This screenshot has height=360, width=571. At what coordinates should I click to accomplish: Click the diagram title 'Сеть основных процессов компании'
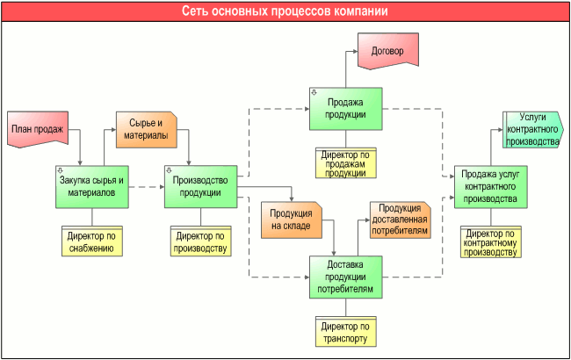point(285,11)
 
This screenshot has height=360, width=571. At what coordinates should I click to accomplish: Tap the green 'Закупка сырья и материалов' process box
point(92,186)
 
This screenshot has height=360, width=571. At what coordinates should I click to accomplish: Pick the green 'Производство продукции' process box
point(199,186)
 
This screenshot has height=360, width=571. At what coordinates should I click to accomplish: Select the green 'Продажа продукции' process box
point(345,110)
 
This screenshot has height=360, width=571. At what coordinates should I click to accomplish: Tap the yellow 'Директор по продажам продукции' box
point(345,163)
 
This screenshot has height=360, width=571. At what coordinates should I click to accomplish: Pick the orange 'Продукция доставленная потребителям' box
point(400,219)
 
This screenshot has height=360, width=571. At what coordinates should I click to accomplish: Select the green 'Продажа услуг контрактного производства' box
point(491,186)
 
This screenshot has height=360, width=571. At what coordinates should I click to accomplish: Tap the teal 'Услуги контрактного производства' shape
point(532,128)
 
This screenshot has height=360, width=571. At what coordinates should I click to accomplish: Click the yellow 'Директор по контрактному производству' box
point(491,241)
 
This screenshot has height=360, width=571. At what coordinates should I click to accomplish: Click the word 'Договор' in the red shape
point(387,50)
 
